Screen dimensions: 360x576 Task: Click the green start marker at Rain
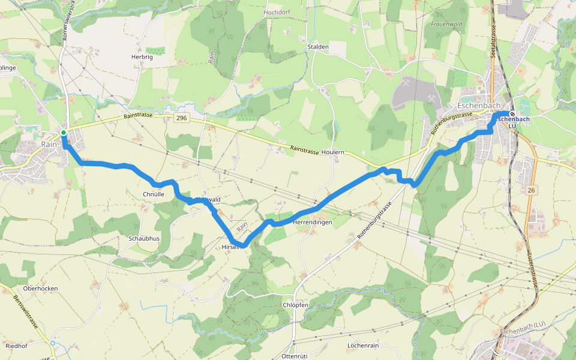[64, 133]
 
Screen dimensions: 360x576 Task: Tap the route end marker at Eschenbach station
[512, 114]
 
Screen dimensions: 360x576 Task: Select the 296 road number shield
[182, 119]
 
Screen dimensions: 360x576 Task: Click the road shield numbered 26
[530, 190]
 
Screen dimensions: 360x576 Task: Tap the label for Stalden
[318, 46]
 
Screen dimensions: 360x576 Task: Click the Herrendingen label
[312, 223]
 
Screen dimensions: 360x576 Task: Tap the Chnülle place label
[154, 194]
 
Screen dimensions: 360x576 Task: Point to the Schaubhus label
[144, 238]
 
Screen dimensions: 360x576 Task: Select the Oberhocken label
[40, 288]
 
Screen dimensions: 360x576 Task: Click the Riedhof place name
[17, 346]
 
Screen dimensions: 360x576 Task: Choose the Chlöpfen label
[295, 305]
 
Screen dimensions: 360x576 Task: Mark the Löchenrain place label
[363, 346]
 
